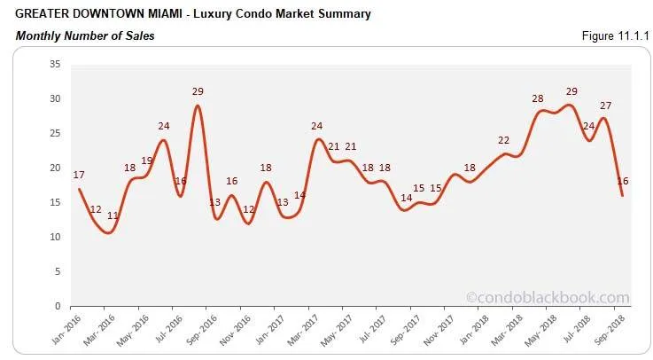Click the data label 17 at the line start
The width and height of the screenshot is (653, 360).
[80, 174]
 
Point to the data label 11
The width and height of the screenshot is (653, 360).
[113, 215]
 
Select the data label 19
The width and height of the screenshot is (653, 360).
[147, 160]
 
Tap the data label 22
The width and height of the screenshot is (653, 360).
[504, 140]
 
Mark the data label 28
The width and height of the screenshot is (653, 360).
[538, 98]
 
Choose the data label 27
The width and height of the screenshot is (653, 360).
[605, 106]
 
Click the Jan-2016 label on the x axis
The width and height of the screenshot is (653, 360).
[66, 333]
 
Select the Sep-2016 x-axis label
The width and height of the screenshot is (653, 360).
[201, 333]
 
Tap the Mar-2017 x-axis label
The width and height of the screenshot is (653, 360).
[304, 333]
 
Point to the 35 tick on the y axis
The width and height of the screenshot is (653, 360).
[54, 64]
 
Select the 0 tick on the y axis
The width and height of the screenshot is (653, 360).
[57, 306]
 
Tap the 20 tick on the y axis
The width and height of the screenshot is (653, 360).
[54, 168]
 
